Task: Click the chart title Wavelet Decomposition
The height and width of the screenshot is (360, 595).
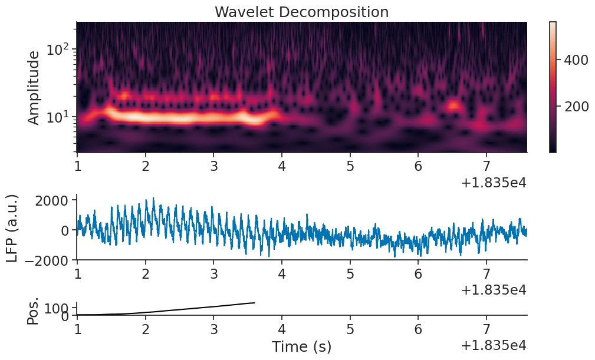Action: (x=301, y=12)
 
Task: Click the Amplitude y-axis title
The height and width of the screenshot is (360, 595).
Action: (x=34, y=87)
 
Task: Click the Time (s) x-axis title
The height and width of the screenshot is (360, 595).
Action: (x=301, y=347)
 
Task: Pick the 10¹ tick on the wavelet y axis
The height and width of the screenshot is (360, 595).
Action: (x=60, y=117)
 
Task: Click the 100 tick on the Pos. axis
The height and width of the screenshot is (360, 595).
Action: (x=59, y=307)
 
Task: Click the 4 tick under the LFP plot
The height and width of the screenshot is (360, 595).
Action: (x=282, y=274)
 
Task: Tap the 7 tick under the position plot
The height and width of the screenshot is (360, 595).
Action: (x=486, y=329)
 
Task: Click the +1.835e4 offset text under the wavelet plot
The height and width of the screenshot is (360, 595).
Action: (x=493, y=183)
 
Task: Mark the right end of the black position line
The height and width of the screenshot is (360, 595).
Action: (x=255, y=303)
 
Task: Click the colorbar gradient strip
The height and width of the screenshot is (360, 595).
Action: (x=553, y=87)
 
